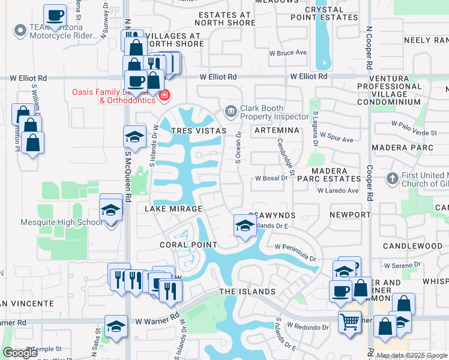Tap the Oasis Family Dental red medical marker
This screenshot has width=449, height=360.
pyautogui.click(x=164, y=95)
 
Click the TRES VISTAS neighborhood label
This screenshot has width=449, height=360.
pyautogui.click(x=199, y=131)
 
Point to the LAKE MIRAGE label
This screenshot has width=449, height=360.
pyautogui.click(x=174, y=208)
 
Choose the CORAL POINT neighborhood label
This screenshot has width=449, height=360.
pyautogui.click(x=188, y=245)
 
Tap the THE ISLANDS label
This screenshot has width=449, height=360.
pyautogui.click(x=247, y=292)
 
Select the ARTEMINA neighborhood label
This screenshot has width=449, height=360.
pyautogui.click(x=276, y=130)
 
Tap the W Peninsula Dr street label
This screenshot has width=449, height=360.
pyautogui.click(x=295, y=252)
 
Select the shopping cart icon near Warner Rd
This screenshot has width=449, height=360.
pyautogui.click(x=349, y=321)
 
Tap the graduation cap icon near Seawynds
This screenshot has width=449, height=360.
pyautogui.click(x=244, y=225)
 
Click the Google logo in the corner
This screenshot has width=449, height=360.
pyautogui.click(x=20, y=353)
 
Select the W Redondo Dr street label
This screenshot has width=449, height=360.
pyautogui.click(x=308, y=327)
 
